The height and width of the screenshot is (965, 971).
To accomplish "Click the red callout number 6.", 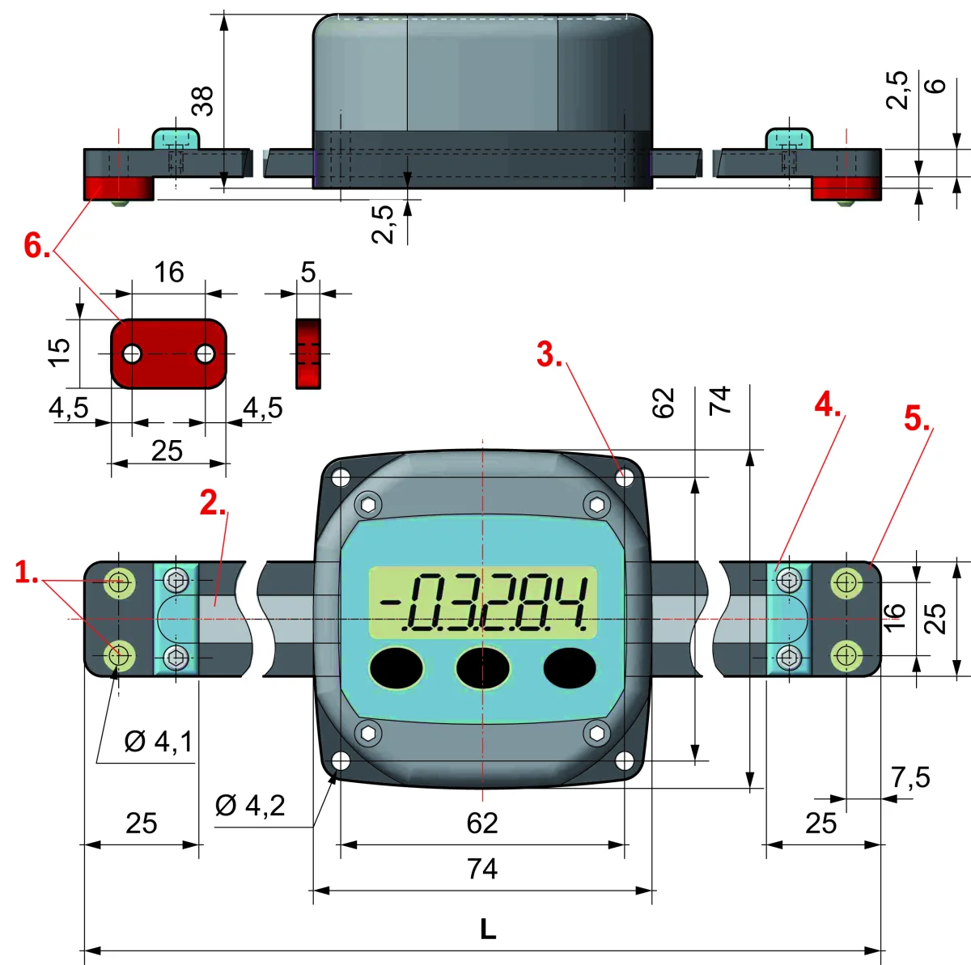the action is point(37,246).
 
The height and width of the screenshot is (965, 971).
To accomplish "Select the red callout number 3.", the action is point(549,353).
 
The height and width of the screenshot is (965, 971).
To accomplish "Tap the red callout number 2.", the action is point(213,503).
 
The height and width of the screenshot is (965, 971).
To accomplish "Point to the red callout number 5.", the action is point(917,418).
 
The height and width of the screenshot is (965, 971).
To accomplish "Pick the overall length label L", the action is point(488,929).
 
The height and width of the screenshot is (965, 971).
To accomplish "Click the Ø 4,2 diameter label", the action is point(250,806).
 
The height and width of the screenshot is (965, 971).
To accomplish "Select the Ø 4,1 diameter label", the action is point(159,741).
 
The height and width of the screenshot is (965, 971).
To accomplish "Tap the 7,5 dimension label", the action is point(910,777).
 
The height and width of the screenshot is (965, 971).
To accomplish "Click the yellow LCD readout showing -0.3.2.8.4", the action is point(483,603).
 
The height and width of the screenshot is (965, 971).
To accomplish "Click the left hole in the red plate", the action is point(132,353).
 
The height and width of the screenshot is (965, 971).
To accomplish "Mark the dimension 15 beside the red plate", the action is point(59,352).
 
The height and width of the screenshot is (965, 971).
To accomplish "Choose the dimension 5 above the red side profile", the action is point(307,272).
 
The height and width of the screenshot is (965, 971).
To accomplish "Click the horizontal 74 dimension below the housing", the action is point(482,869).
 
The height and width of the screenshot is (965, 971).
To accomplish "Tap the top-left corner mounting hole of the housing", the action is point(341,477).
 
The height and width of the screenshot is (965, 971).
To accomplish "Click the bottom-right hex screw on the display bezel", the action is point(597,733).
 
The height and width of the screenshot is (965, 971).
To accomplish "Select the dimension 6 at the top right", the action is point(936,85).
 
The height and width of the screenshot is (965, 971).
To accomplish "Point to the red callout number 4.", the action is point(828,405).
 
